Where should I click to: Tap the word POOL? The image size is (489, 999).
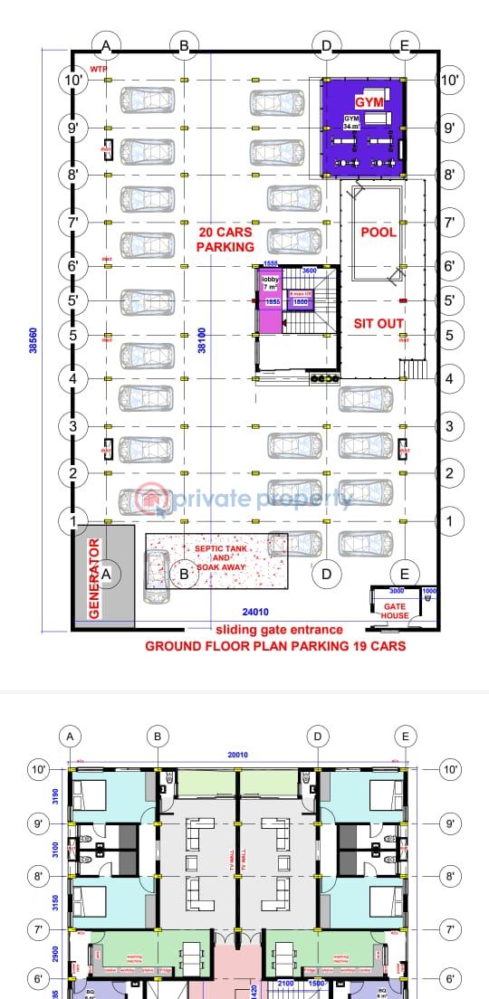[x=379, y=233]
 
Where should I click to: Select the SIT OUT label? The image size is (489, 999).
[x=378, y=323]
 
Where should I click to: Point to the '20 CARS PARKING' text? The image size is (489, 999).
[x=225, y=239]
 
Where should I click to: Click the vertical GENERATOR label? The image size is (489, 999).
[x=93, y=579]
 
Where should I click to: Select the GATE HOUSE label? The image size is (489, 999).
[x=395, y=610]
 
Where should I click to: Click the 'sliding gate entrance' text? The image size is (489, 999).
[x=279, y=630]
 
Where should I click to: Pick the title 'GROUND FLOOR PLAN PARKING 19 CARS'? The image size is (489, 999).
[x=275, y=646]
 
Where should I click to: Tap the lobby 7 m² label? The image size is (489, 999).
[x=271, y=283]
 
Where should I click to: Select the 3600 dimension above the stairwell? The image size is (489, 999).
[x=309, y=271]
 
